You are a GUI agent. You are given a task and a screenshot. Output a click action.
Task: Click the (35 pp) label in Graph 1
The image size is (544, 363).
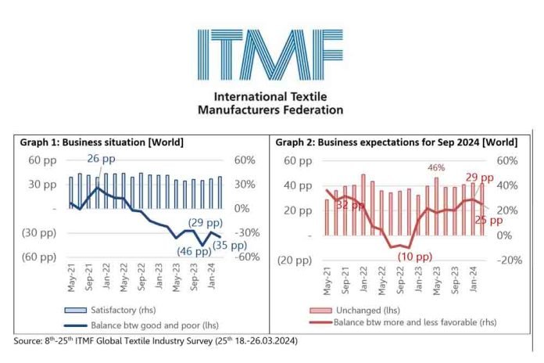click(231, 246)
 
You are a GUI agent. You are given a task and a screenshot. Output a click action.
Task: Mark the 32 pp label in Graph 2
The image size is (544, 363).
click(349, 205)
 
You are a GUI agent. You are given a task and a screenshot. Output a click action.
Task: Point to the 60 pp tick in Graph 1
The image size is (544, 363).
click(41, 160)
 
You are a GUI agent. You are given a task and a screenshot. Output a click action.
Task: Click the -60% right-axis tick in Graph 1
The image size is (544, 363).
click(247, 257)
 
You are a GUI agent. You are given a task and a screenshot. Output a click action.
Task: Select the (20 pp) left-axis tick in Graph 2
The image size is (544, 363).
click(292, 261)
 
